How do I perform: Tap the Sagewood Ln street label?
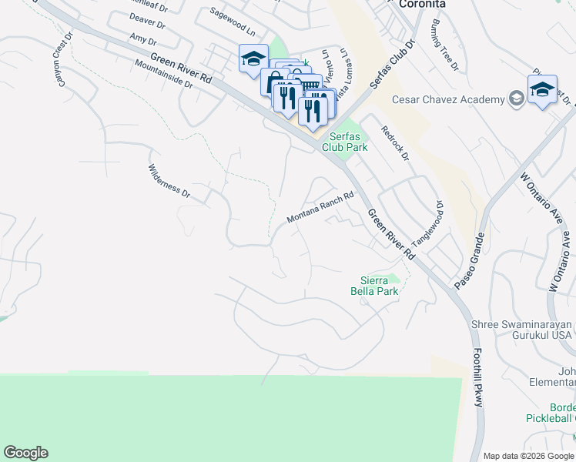(233, 24)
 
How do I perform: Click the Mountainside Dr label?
(162, 75)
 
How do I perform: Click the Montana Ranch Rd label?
(320, 208)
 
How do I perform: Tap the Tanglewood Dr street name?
(428, 224)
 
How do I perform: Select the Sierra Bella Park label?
(380, 286)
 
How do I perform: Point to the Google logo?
(26, 453)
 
